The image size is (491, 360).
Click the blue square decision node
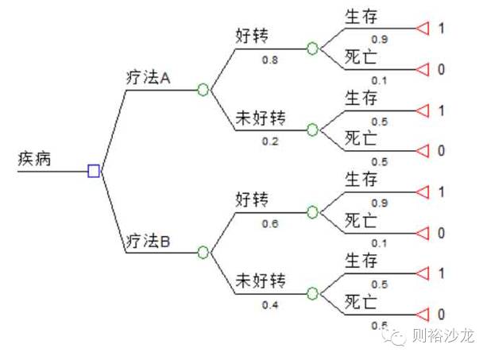[94, 170]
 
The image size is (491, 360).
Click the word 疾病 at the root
[35, 159]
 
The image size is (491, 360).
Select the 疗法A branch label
[149, 78]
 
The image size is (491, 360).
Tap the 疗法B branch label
[149, 240]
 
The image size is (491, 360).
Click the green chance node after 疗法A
[203, 89]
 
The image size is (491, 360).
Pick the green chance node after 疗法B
[203, 252]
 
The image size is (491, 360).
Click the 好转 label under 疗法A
[253, 36]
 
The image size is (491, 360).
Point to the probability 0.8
[271, 58]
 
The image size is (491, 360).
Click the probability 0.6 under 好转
[271, 223]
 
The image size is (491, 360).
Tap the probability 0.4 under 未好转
[271, 305]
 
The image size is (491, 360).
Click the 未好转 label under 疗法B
[259, 281]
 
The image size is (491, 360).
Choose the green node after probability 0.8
[312, 48]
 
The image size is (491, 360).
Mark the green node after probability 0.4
[312, 293]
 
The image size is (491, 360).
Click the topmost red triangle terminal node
[423, 29]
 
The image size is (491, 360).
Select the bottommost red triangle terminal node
[423, 314]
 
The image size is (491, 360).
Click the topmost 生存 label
[361, 17]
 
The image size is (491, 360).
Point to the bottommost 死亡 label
[361, 302]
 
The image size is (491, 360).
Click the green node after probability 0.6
[312, 212]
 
